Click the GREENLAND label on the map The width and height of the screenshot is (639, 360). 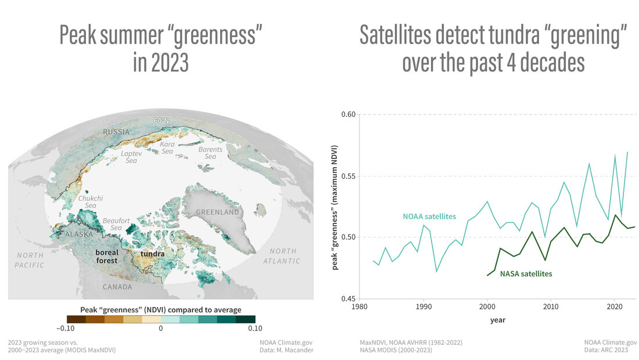tap(217, 213)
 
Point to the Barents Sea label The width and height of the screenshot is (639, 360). tap(210, 153)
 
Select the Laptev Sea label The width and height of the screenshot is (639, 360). tap(132, 156)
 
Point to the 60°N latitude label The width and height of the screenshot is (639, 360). tap(161, 121)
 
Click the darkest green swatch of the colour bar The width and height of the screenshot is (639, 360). tap(246, 318)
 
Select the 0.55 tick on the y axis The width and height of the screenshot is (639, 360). tap(348, 176)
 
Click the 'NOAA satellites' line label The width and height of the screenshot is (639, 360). tap(429, 217)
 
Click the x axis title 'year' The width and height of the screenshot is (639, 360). tap(497, 319)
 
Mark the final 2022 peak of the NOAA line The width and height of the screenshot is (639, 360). tap(627, 152)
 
